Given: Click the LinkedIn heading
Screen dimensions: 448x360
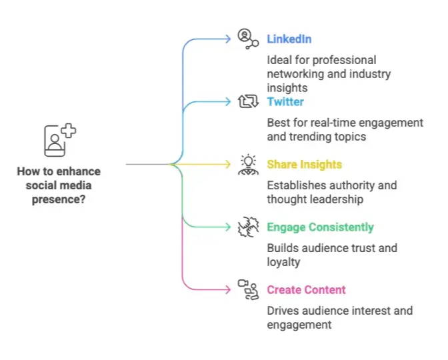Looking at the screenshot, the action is click(289, 39).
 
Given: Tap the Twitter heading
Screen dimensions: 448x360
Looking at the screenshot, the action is click(285, 102).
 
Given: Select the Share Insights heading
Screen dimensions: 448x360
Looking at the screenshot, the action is click(304, 165).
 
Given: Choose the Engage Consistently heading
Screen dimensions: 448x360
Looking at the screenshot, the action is click(320, 227).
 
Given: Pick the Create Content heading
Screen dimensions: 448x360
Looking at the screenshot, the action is click(306, 290).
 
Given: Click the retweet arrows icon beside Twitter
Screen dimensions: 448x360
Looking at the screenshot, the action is click(248, 101).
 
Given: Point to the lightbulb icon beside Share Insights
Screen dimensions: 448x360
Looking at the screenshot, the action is click(248, 165).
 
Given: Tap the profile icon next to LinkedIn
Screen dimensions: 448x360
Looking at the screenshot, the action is click(248, 39).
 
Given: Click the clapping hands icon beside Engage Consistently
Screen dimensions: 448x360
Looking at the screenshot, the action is click(248, 227).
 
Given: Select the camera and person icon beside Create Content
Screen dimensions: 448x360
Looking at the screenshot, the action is click(248, 290).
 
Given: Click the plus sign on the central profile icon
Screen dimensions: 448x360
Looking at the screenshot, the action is click(68, 131).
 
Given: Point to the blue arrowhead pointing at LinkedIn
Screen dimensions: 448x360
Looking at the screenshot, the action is click(228, 39).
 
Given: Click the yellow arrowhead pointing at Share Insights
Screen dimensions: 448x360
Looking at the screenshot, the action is click(228, 164).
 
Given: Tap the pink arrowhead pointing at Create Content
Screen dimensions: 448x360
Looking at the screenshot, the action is click(228, 290).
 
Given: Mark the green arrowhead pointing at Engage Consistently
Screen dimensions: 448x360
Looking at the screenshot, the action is click(228, 227).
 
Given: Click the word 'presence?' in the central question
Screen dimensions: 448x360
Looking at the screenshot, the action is click(59, 199).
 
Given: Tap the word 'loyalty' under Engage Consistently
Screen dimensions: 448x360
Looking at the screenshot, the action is click(283, 262).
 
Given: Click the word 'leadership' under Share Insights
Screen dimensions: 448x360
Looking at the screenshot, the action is click(337, 199).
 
